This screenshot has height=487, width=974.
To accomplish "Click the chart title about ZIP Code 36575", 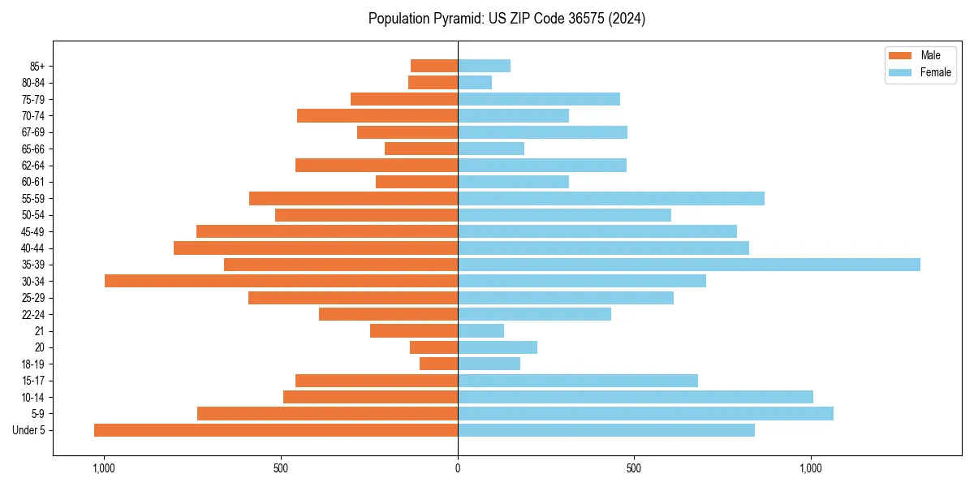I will tap(506, 19).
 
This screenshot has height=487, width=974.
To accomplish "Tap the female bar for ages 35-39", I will tap(689, 265).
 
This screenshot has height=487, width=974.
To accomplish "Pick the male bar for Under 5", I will tap(276, 430).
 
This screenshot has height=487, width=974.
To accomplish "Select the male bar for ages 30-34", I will tap(281, 281).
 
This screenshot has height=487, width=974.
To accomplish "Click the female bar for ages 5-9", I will tap(645, 414).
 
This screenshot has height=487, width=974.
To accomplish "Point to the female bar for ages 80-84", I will tap(475, 82).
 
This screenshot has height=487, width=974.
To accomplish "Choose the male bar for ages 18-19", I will tap(438, 364).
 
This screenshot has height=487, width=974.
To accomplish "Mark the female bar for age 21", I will tap(481, 330).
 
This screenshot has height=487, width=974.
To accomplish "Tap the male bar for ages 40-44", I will tap(316, 248).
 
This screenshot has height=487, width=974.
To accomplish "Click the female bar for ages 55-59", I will tap(611, 198).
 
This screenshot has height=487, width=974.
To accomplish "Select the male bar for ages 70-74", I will tap(377, 115).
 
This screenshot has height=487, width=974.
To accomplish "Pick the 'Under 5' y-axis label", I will tap(29, 430).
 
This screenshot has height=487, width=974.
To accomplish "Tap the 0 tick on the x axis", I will tap(458, 468).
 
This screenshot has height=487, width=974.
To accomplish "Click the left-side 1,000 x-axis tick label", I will tap(104, 468).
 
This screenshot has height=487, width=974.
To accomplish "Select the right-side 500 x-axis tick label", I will tap(634, 468).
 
